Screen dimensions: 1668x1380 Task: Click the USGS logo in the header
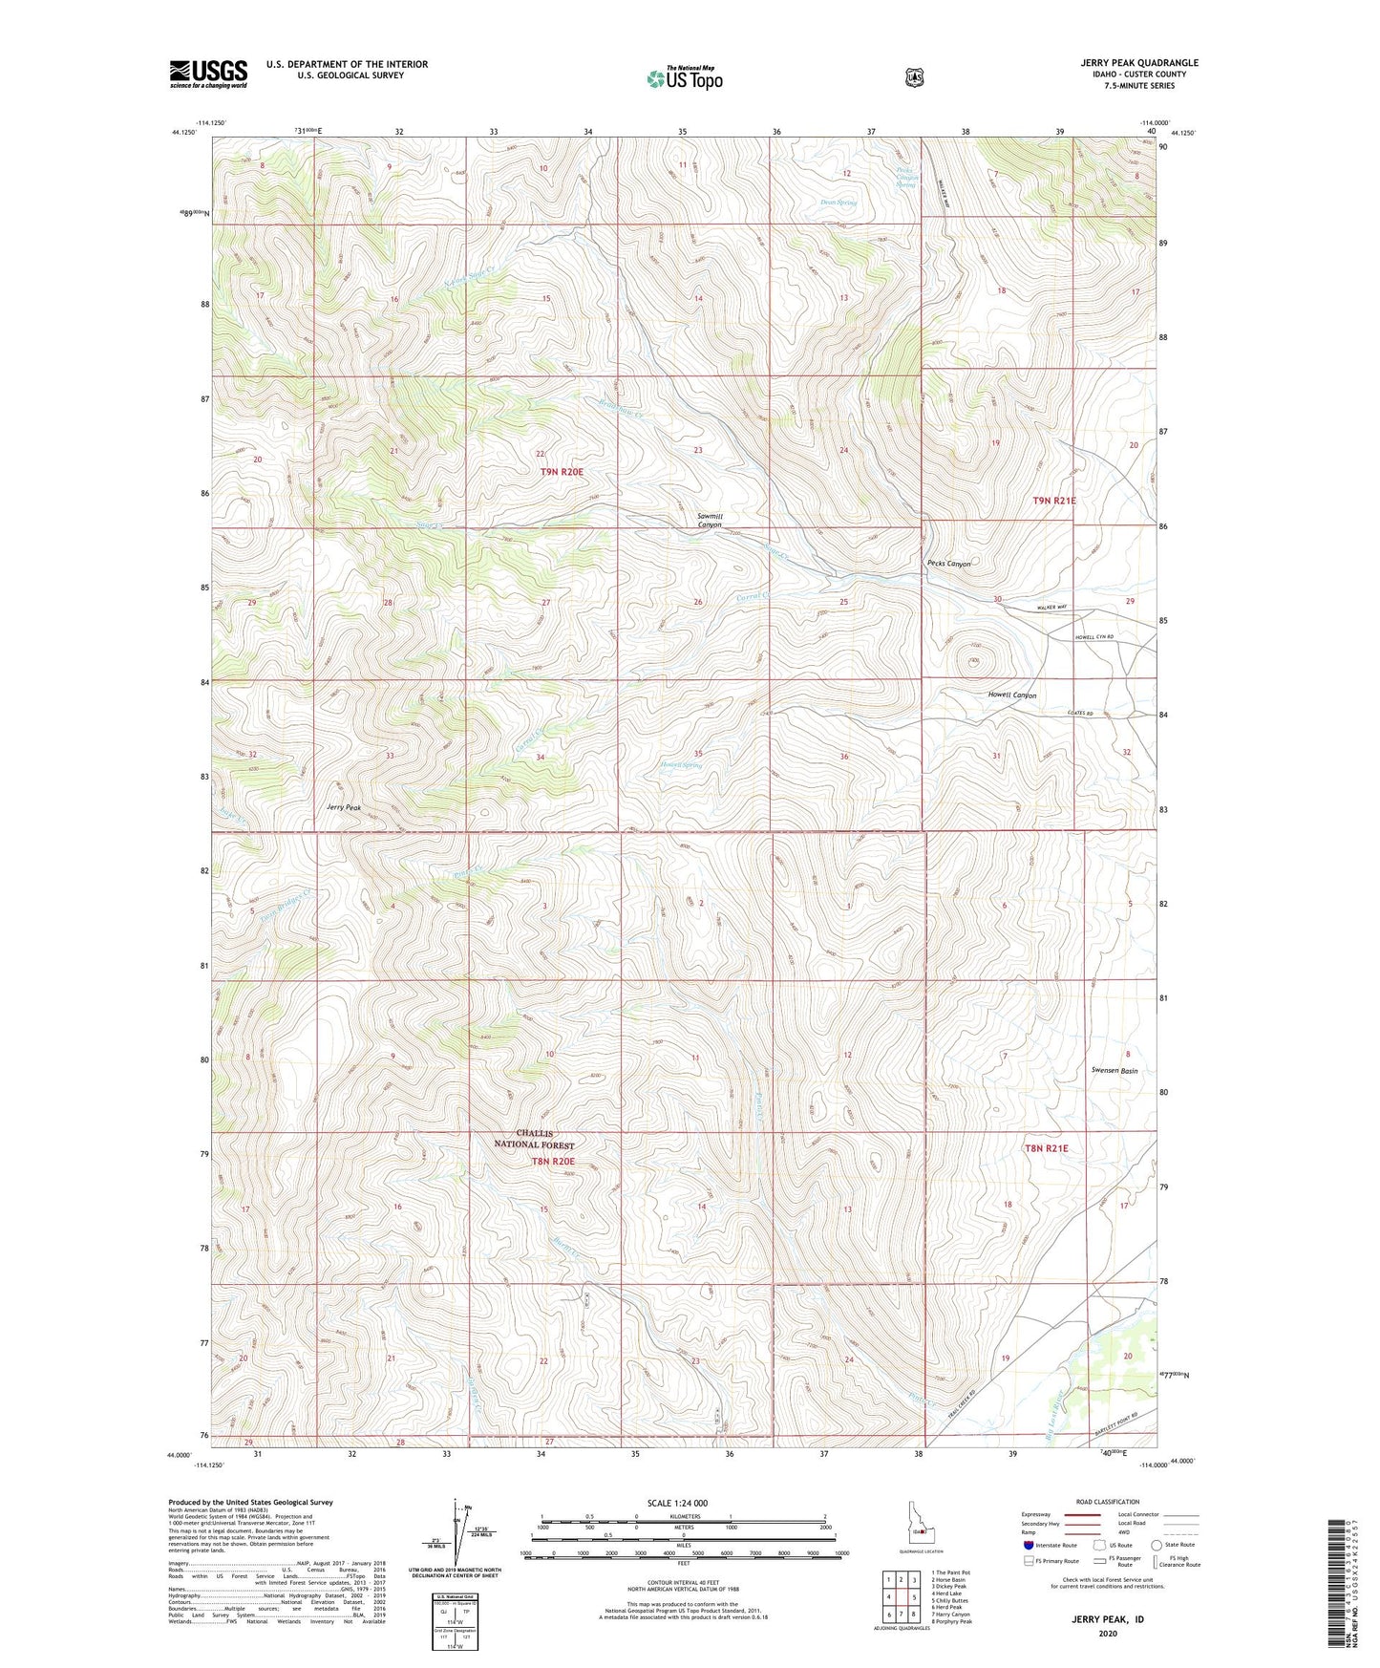point(208,73)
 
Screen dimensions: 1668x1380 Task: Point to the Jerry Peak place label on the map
point(344,807)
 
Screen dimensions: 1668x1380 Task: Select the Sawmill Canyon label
point(710,521)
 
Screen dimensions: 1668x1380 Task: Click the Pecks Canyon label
point(948,564)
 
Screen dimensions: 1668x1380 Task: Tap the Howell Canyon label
point(1011,695)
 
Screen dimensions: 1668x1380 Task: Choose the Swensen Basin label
point(1114,1071)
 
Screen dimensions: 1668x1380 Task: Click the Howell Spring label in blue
point(682,765)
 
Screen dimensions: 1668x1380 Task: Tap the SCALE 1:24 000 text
point(677,1503)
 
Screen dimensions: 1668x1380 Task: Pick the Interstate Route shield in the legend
point(1028,1545)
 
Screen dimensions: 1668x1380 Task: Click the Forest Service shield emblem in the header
point(914,76)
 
